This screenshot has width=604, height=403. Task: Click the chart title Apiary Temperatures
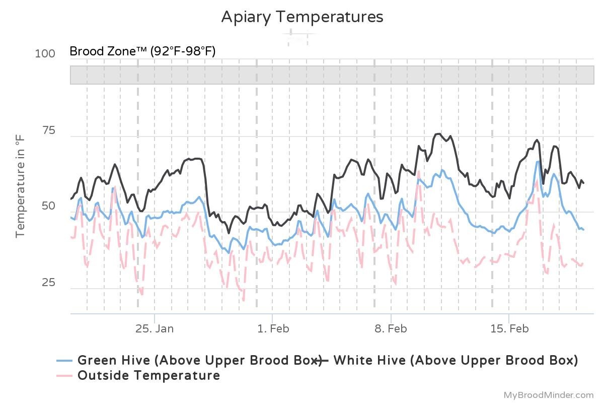302,17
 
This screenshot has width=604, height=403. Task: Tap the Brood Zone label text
142,51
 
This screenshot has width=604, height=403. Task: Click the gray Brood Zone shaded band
332,75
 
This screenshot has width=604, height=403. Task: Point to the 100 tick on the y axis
45,53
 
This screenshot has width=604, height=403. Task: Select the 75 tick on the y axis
48,130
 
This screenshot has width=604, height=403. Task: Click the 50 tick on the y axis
48,207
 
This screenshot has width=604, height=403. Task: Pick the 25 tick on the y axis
48,283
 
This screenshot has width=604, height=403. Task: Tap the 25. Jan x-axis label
155,329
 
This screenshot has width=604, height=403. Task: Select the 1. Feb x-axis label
273,329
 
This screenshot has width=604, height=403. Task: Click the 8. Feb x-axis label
391,329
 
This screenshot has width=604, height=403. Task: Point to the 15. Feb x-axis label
509,329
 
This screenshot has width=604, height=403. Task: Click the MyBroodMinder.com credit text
549,395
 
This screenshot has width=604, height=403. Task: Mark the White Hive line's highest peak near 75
438,134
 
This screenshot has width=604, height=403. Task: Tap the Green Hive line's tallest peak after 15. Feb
538,162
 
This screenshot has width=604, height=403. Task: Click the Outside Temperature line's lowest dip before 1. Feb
244,301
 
